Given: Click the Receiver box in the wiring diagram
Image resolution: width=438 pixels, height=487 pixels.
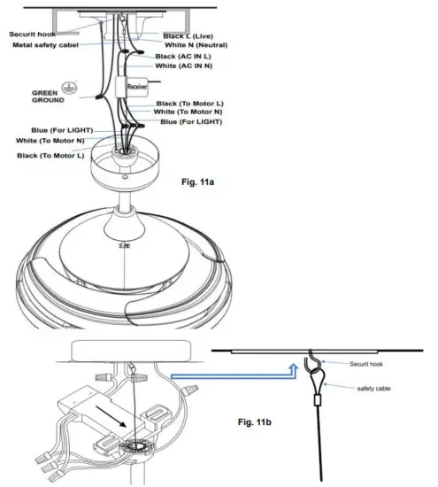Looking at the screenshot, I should coord(136,88).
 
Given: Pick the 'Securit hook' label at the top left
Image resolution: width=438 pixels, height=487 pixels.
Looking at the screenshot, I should coord(32,35).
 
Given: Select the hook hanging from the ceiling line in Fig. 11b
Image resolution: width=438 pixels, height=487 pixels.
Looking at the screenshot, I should coord(312,365).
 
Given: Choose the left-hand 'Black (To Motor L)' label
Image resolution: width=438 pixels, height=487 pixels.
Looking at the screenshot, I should coord(50,156).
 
